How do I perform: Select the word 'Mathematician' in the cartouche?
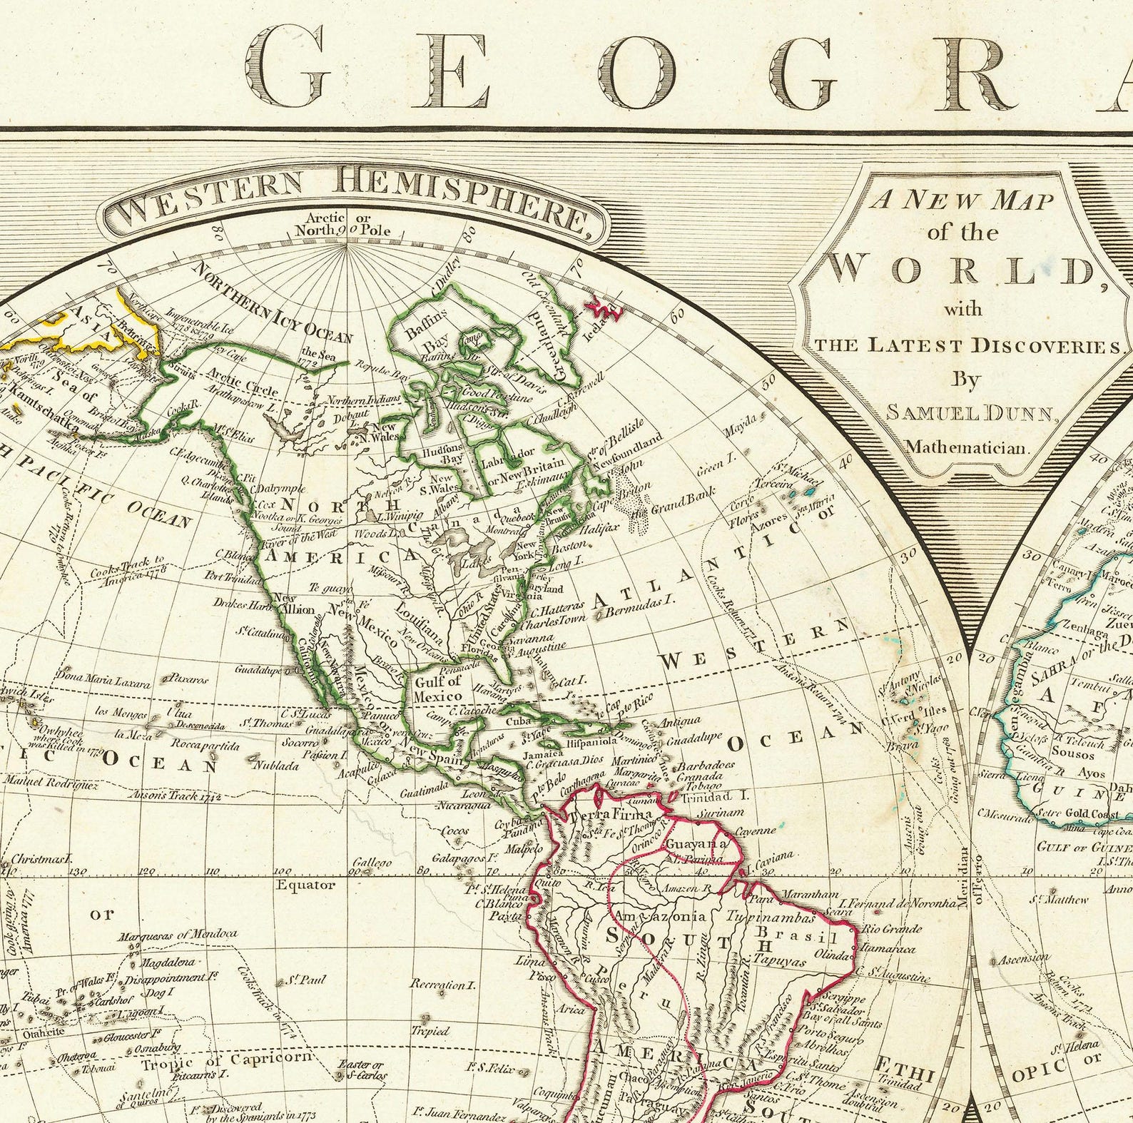pyautogui.click(x=968, y=447)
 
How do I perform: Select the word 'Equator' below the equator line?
pyautogui.click(x=305, y=885)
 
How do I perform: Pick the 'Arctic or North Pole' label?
pyautogui.click(x=347, y=224)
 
